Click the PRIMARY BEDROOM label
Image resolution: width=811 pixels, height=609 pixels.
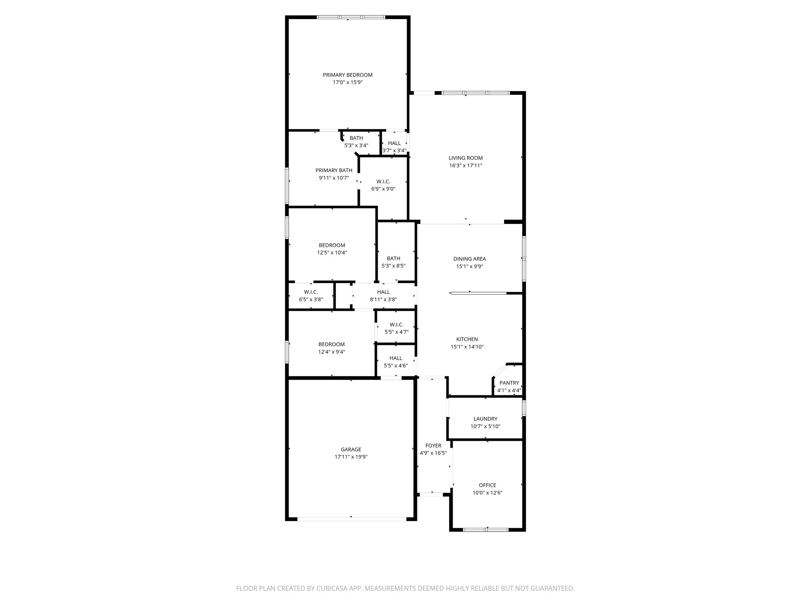[x=347, y=75]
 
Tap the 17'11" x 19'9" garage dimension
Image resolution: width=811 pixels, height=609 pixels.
[x=351, y=457]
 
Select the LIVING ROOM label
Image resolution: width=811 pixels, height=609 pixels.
[x=465, y=158]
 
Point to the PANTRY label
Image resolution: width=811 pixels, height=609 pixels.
[x=509, y=383]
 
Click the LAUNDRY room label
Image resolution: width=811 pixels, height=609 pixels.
[x=485, y=419]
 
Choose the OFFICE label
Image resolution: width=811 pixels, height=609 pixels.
[x=487, y=485]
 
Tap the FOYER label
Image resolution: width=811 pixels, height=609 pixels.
[x=433, y=446]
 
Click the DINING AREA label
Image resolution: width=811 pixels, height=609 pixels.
[x=469, y=259]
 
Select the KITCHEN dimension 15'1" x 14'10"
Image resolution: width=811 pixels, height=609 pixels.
[x=467, y=347]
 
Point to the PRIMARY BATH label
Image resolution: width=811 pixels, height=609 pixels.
[x=333, y=170]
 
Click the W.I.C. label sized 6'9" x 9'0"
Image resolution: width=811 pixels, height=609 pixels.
[x=383, y=182]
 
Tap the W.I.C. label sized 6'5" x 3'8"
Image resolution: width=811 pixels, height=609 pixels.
[x=311, y=292]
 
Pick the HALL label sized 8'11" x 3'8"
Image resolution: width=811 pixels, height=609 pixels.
[x=383, y=292]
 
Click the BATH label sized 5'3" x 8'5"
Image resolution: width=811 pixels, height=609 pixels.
[x=393, y=259]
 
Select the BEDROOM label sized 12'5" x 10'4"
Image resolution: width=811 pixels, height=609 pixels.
[x=332, y=245]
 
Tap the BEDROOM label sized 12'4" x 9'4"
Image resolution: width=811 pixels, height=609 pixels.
[x=331, y=345]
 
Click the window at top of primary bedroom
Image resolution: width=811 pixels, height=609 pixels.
[x=351, y=17]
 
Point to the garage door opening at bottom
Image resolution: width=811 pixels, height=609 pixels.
[x=351, y=518]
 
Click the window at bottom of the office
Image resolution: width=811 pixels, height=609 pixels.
[x=486, y=529]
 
